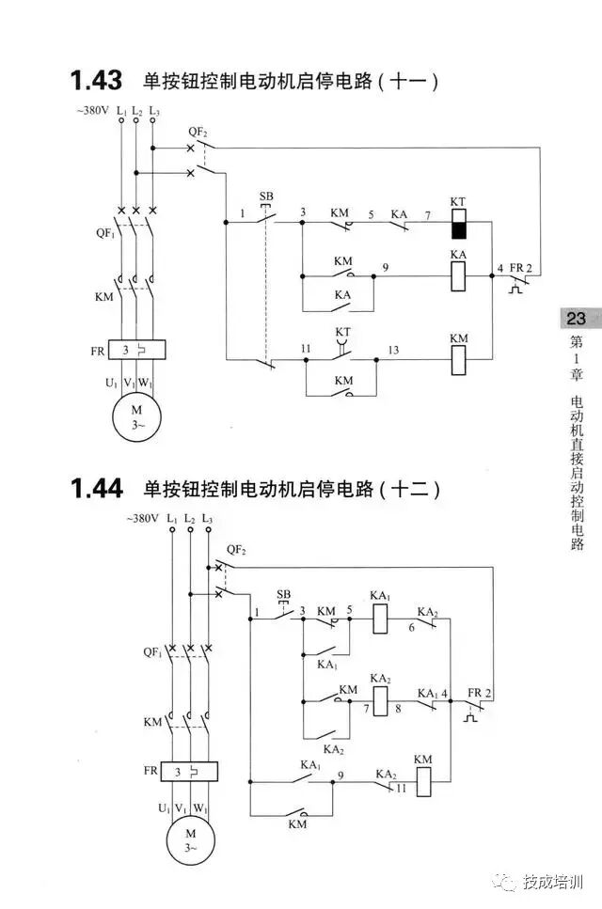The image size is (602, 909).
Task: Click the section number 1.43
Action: click(95, 81)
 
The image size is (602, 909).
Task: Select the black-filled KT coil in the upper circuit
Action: click(459, 226)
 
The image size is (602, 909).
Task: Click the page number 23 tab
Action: click(576, 319)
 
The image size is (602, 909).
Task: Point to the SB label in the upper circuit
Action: click(266, 197)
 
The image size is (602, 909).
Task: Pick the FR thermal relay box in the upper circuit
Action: click(137, 352)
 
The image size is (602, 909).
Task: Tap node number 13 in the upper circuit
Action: click(393, 350)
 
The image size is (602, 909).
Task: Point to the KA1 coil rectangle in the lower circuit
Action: click(380, 618)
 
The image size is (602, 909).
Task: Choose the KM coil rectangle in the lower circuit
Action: click(423, 779)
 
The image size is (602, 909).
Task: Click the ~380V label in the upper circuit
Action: click(94, 112)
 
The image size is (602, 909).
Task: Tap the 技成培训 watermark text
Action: click(553, 883)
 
